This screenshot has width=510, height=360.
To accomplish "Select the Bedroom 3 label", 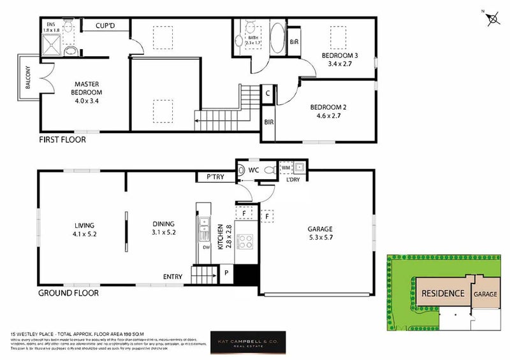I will click(x=339, y=56).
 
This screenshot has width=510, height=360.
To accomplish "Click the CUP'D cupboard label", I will click(x=105, y=25).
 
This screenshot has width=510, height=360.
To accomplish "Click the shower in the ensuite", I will click(x=52, y=45).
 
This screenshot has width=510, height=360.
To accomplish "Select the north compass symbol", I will click(x=493, y=19).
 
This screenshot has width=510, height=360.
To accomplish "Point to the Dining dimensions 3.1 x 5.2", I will click(x=163, y=233).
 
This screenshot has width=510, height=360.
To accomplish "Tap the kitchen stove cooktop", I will click(x=245, y=241).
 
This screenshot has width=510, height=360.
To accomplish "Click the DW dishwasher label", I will click(x=205, y=247).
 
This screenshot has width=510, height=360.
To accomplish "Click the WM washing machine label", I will click(x=285, y=168).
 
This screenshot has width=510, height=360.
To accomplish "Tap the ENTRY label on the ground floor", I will click(x=172, y=277).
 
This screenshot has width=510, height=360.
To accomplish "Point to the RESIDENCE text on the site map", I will click(x=443, y=294).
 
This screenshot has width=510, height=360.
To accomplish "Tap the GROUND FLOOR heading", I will click(x=68, y=293).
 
